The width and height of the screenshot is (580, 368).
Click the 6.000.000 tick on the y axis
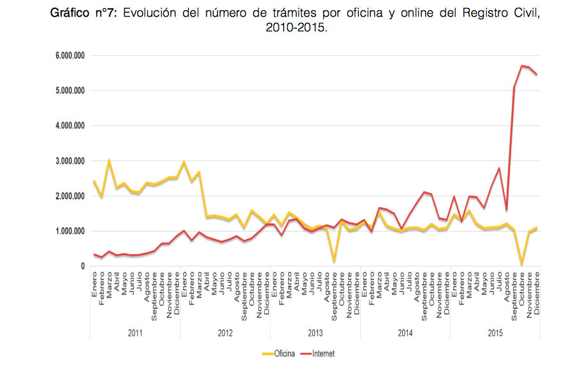(69, 56)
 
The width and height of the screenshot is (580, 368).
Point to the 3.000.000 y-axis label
(69, 161)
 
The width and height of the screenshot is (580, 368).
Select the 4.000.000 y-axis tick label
(69, 126)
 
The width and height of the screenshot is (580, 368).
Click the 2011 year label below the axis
(135, 332)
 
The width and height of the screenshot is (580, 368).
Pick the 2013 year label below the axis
(315, 332)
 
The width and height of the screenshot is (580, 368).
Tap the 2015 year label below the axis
(495, 332)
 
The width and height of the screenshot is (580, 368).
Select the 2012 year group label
(225, 332)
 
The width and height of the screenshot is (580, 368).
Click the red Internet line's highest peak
(522, 66)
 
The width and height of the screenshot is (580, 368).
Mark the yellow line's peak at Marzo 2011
(109, 160)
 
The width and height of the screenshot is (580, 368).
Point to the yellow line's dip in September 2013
(334, 261)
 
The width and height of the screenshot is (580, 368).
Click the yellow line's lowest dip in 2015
(522, 264)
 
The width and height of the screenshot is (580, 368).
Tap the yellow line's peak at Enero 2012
(184, 162)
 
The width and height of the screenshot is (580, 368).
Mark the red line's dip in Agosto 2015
(507, 209)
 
